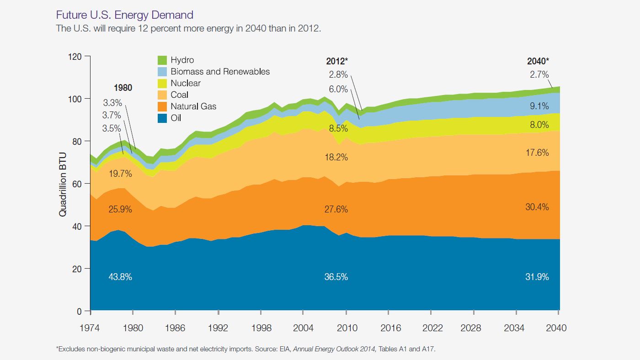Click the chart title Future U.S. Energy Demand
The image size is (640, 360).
point(124,16)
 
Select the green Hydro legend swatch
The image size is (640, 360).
point(162,60)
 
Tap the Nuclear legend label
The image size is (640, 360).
point(186,83)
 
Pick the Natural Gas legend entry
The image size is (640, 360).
point(193,106)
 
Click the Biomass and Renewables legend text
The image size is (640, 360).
point(220,72)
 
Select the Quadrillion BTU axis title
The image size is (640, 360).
point(63,184)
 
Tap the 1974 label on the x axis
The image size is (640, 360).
point(91,328)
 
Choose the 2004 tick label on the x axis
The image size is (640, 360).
point(303,328)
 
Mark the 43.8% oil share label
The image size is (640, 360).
point(120,277)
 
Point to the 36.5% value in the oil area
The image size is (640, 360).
point(336,277)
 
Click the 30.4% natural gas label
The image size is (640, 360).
point(537,207)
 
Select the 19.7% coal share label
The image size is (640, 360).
point(120,174)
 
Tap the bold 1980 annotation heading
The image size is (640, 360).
point(123,88)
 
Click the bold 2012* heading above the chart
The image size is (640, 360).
point(337,61)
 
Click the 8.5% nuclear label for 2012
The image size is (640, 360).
point(338,128)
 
